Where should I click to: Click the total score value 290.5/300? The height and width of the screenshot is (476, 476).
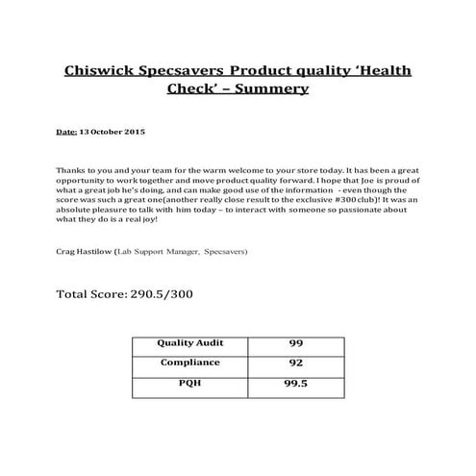(161, 292)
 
